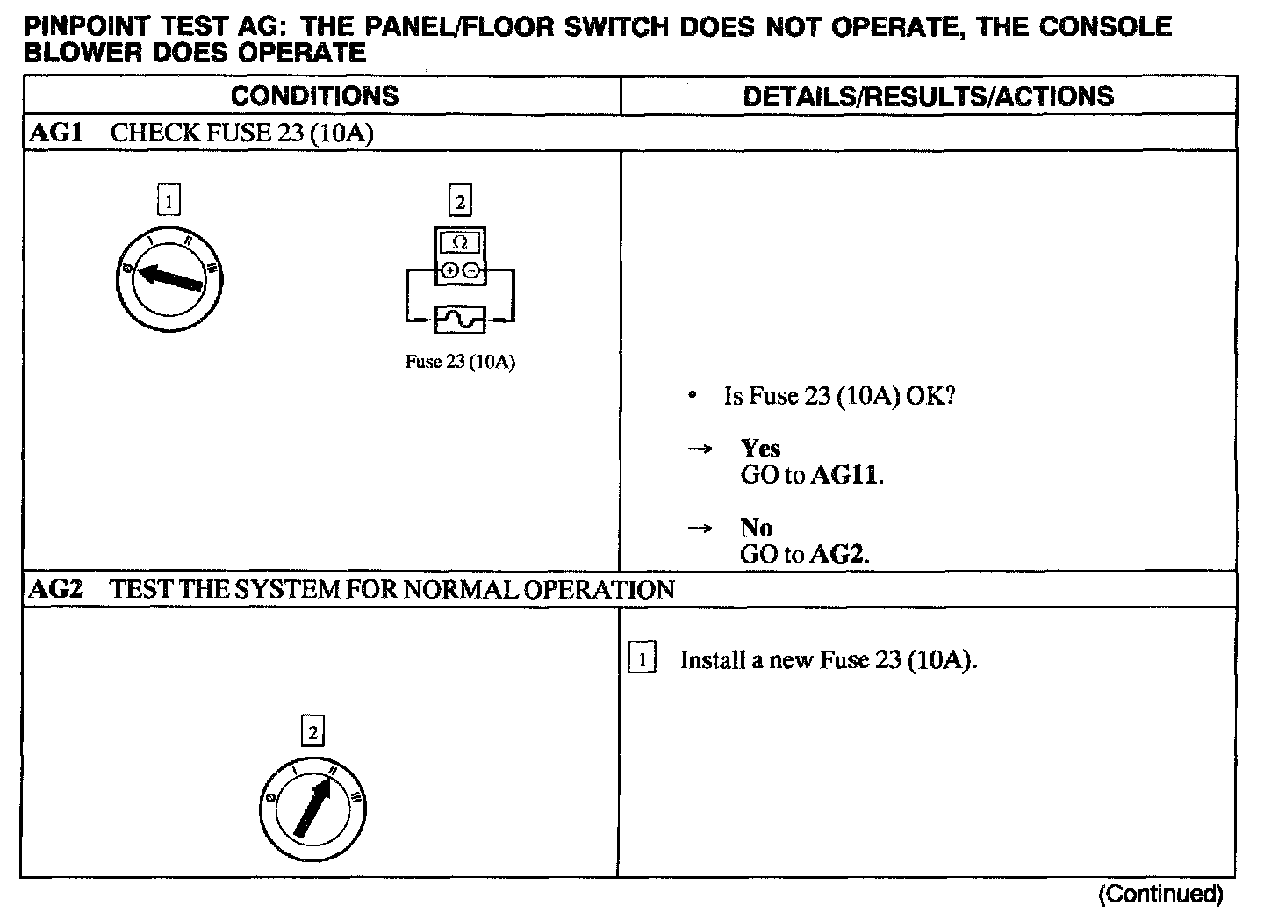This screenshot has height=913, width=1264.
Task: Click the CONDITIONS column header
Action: coord(314,96)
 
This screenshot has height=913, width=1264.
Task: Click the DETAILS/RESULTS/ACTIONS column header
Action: coord(928,96)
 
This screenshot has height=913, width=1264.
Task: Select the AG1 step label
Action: coord(56,133)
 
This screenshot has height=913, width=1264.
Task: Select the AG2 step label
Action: coord(56,589)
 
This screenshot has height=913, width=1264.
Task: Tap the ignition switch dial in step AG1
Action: coord(168,278)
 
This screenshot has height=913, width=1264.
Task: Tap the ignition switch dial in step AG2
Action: coord(312,809)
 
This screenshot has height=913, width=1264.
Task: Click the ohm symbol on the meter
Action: coord(460,243)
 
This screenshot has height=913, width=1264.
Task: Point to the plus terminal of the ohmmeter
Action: coord(449,271)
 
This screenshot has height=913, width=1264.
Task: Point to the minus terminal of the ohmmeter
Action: coord(471,271)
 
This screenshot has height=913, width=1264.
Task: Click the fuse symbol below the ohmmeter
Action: coord(460,319)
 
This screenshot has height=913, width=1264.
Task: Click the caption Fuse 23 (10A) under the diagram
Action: coord(460,362)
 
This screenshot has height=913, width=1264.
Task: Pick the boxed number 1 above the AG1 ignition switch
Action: coord(168,202)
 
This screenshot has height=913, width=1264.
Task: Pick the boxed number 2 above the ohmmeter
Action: coord(460,202)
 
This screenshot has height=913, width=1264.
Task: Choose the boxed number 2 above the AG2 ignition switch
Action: coord(312,731)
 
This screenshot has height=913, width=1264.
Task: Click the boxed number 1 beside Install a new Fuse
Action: coord(643,659)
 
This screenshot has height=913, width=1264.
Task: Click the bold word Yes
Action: coord(760,449)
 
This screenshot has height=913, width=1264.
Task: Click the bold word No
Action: coord(756,528)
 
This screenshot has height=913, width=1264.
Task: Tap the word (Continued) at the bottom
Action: coord(1160,894)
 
